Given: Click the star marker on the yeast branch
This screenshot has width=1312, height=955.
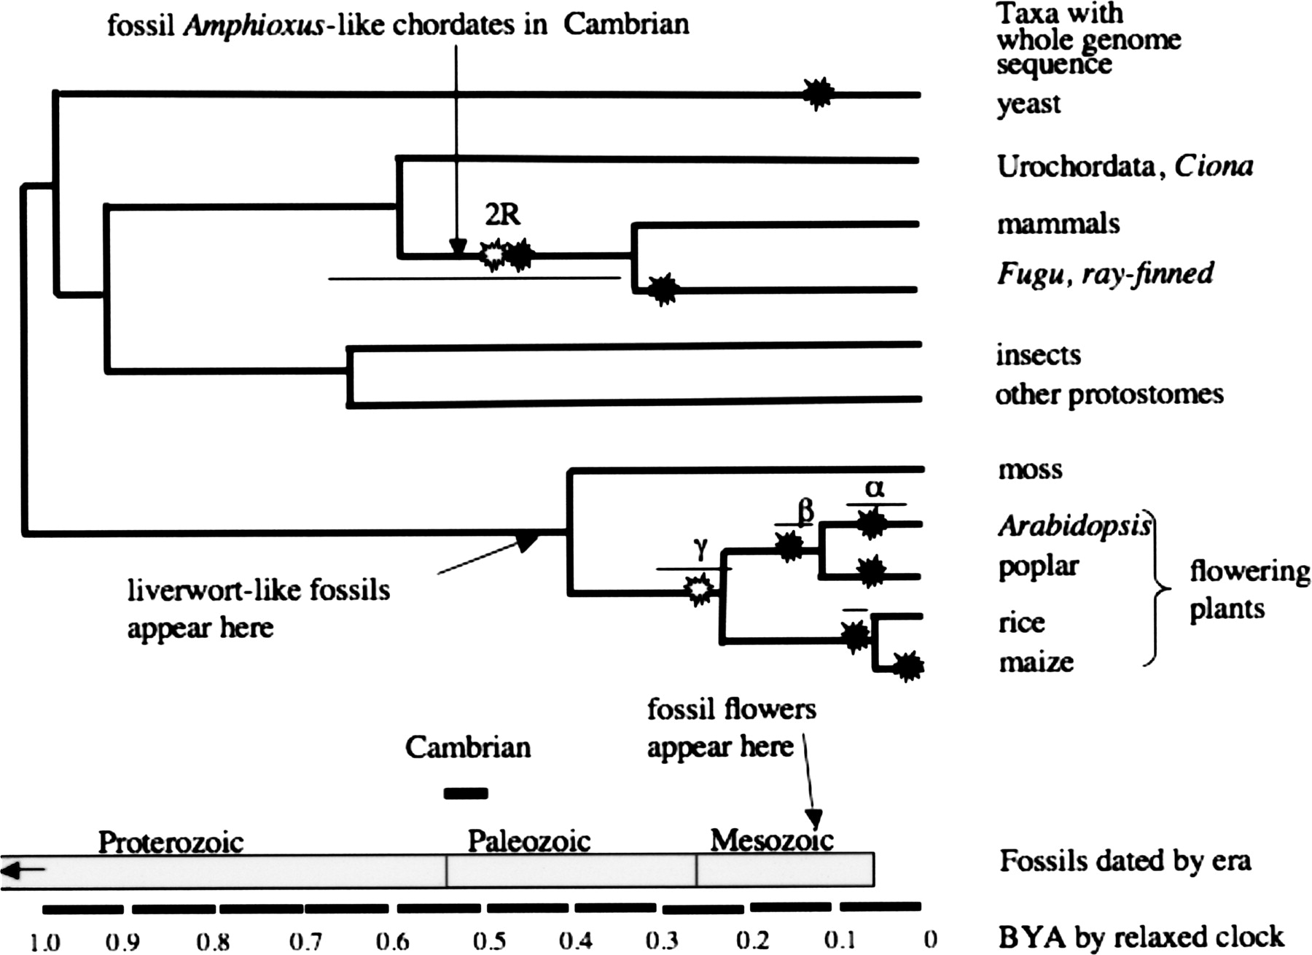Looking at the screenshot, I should click(x=818, y=93).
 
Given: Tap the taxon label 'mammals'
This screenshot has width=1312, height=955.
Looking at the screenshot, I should click(x=1058, y=223).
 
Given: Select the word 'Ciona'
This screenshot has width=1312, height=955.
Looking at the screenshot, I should click(x=1214, y=166).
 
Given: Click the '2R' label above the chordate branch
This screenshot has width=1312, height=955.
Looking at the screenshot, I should click(x=502, y=214).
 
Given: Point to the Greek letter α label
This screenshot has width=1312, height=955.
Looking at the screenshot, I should click(x=875, y=488).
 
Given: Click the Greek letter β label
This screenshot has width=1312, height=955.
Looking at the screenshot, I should click(x=805, y=512).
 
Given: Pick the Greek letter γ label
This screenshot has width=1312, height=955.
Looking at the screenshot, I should click(x=700, y=548).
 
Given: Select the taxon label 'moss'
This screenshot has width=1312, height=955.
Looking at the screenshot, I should click(x=1030, y=469).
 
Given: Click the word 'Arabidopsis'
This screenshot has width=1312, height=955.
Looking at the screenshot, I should click(x=1074, y=525).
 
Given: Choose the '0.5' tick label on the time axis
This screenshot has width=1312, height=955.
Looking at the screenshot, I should click(x=489, y=940).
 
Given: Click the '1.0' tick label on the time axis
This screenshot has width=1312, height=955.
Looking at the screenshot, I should click(x=45, y=941).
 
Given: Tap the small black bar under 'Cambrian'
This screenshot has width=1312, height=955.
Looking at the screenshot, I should click(x=466, y=793).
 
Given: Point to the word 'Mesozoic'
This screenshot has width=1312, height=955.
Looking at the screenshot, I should click(x=772, y=841).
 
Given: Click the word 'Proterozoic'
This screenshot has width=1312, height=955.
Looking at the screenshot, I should click(x=171, y=842).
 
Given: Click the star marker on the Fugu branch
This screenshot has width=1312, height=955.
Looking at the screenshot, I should click(x=663, y=290).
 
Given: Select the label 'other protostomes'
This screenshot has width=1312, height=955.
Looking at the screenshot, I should click(x=1109, y=394).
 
